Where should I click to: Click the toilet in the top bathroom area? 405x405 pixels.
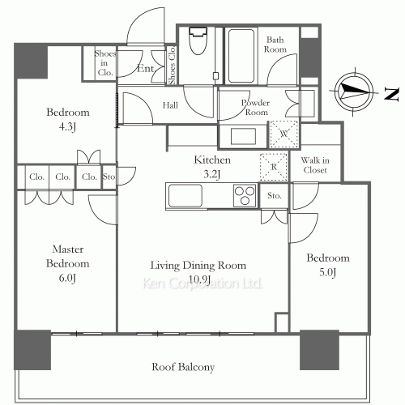(198, 40)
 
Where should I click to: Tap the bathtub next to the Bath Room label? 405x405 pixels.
(241, 56)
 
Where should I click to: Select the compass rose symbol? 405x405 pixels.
(354, 92)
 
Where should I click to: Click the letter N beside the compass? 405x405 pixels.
(392, 94)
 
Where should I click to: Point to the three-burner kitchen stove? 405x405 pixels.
(245, 195)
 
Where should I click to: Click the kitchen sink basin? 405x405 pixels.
(185, 195)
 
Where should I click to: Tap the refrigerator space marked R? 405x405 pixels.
(274, 167)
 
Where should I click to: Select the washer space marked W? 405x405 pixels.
(283, 134)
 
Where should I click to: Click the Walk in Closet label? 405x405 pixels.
(315, 165)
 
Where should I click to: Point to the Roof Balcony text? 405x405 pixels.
(183, 367)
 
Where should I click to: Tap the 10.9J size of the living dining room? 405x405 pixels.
(199, 279)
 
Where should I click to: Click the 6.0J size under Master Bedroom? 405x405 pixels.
(67, 278)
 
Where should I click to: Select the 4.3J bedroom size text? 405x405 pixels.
(67, 126)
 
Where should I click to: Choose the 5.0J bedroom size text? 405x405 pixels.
(328, 272)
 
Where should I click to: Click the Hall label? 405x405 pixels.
(170, 105)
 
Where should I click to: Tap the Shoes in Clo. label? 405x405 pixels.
(105, 63)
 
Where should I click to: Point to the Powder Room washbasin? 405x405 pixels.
(243, 136)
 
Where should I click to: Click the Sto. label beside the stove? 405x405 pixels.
(275, 195)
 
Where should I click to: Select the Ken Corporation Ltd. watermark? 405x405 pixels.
(202, 283)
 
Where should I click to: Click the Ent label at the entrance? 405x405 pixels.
(145, 69)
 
